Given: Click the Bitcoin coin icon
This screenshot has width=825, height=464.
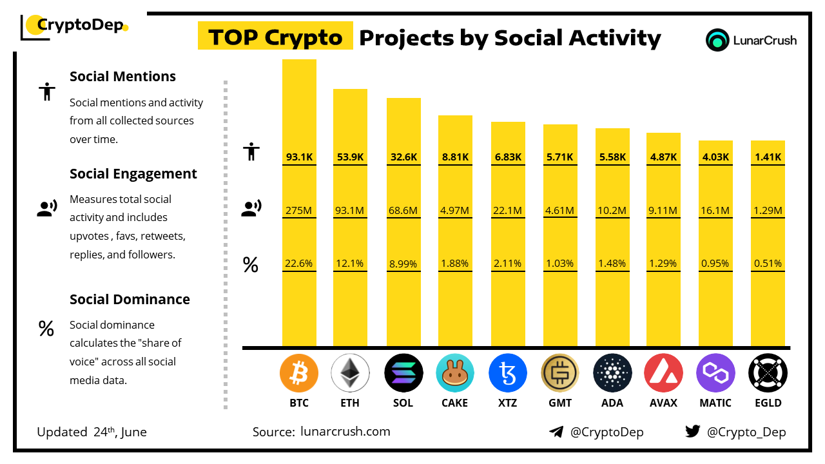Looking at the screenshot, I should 299,373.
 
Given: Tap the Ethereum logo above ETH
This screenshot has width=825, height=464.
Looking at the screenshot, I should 350,373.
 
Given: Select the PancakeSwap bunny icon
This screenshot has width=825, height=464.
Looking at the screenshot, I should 454,373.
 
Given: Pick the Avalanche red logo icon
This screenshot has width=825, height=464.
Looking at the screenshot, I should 663,373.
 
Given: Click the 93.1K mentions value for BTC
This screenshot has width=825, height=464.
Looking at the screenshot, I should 299,157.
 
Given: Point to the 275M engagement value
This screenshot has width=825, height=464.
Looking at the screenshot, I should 299,210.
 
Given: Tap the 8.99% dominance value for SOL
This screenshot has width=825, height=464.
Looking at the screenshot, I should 403,264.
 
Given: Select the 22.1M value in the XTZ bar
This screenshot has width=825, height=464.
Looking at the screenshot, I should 508,210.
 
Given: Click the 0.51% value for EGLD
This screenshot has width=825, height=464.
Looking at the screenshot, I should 768,264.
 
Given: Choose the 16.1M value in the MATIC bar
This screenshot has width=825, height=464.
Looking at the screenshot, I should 715,210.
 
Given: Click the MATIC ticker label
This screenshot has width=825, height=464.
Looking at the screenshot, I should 715,403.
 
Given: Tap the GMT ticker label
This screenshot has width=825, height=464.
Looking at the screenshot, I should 559,403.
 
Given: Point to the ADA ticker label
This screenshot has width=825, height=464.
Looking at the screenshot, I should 612,403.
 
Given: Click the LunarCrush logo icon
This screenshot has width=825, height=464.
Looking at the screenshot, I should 717,40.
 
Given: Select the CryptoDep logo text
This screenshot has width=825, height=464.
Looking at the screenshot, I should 79,25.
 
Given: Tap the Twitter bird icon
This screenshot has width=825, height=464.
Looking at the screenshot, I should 692,431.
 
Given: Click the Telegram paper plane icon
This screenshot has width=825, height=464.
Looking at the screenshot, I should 556,432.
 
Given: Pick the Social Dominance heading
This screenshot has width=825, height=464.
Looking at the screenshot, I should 130,299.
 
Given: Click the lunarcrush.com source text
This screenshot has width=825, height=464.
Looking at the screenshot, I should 345,432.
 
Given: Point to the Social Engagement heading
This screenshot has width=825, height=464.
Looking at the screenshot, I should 133,174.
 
